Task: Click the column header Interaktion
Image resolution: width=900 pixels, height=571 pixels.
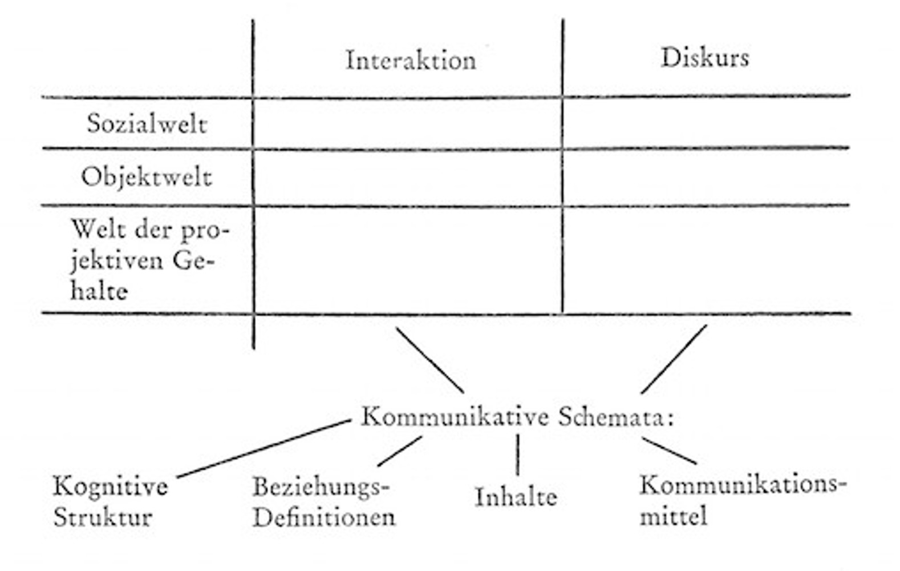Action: pyautogui.click(x=411, y=61)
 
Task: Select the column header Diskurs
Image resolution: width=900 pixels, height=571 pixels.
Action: pyautogui.click(x=705, y=58)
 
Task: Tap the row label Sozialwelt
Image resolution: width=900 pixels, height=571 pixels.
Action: pyautogui.click(x=147, y=124)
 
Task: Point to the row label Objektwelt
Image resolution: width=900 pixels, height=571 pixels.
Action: pyautogui.click(x=147, y=177)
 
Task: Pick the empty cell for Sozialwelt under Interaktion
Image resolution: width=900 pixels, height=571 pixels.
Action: pyautogui.click(x=408, y=124)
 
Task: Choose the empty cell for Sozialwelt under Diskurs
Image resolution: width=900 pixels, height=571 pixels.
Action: pyautogui.click(x=706, y=123)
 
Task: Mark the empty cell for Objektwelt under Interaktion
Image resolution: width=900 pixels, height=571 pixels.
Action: pyautogui.click(x=408, y=177)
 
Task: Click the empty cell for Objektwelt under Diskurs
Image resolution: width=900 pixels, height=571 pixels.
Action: pyautogui.click(x=706, y=176)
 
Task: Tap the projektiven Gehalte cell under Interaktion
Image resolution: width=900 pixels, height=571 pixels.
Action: pyautogui.click(x=408, y=260)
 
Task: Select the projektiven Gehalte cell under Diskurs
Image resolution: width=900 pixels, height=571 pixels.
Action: pyautogui.click(x=706, y=260)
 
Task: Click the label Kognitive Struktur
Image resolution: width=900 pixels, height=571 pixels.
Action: pyautogui.click(x=110, y=502)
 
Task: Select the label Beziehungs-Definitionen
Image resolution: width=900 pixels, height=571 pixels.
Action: pyautogui.click(x=323, y=502)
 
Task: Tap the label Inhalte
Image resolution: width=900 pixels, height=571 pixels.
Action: pyautogui.click(x=516, y=497)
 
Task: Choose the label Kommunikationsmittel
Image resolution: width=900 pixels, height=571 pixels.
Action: pyautogui.click(x=741, y=500)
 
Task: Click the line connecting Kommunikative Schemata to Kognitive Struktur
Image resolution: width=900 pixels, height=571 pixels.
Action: pyautogui.click(x=264, y=448)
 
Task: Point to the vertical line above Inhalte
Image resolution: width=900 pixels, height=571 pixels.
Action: pyautogui.click(x=517, y=455)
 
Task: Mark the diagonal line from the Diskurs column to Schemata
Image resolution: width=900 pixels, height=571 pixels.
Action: pyautogui.click(x=674, y=359)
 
